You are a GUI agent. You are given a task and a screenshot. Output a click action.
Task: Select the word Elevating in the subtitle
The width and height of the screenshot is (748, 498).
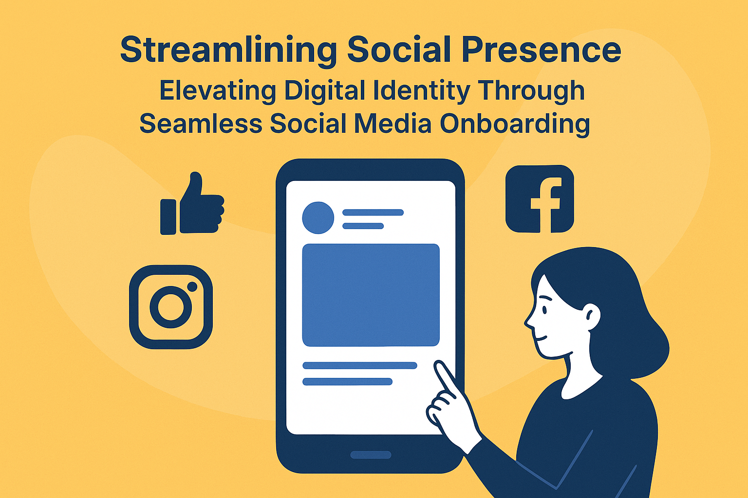click(x=218, y=91)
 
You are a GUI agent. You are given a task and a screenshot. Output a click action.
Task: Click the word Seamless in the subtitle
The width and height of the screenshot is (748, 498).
click(x=201, y=123)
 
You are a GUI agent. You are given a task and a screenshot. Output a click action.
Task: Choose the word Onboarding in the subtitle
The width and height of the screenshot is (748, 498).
click(x=515, y=124)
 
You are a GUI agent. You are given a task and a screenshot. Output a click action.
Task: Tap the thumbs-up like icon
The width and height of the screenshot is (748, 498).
click(x=192, y=203)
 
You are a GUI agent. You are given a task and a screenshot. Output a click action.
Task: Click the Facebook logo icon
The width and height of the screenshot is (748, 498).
click(x=540, y=199)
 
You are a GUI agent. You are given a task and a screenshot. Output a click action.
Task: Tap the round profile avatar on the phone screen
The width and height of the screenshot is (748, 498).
click(x=318, y=218)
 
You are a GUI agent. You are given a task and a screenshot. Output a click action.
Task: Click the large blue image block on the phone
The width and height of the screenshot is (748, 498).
click(x=371, y=295)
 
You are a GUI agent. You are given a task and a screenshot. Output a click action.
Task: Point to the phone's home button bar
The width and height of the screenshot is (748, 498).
click(x=371, y=455)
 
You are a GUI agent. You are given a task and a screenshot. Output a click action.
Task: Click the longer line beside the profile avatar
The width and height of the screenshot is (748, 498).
click(x=373, y=213)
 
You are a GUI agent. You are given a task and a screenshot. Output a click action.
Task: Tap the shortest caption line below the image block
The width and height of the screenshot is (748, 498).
click(x=347, y=382)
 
